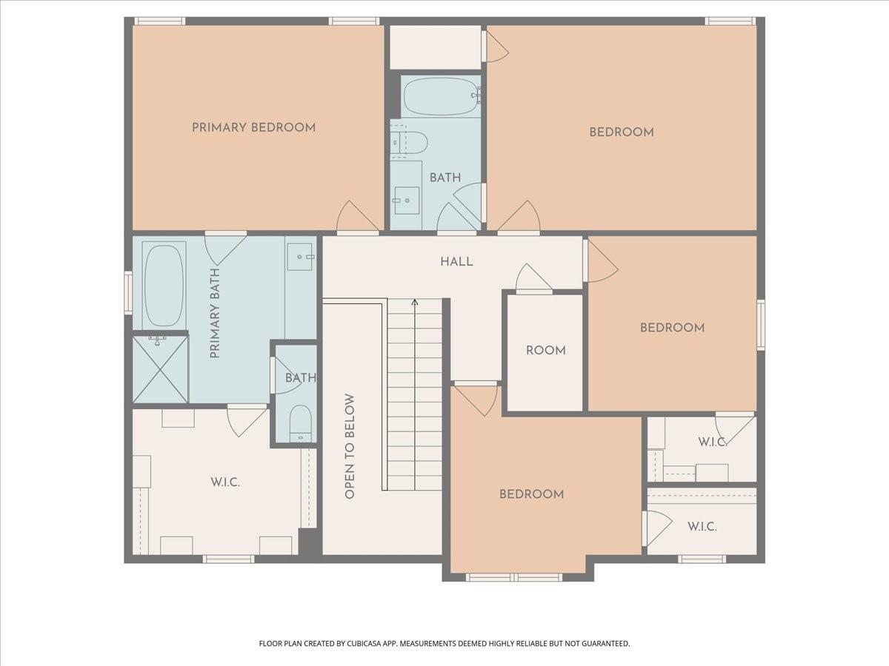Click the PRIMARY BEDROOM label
click(x=253, y=127)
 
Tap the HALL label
click(x=456, y=262)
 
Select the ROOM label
click(x=545, y=350)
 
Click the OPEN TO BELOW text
click(x=349, y=446)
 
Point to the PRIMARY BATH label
click(x=215, y=313)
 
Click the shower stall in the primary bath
click(x=161, y=369)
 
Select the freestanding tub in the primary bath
click(x=164, y=286)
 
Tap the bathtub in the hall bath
click(x=441, y=95)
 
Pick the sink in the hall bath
click(x=407, y=200)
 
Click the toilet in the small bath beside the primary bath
click(x=301, y=424)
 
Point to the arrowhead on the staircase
click(x=414, y=302)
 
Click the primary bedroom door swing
click(x=357, y=217)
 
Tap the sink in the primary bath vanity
click(x=300, y=257)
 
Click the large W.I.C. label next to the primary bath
click(x=225, y=482)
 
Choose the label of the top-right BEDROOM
click(x=622, y=132)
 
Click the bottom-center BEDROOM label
click(x=531, y=494)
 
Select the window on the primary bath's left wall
click(x=128, y=293)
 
